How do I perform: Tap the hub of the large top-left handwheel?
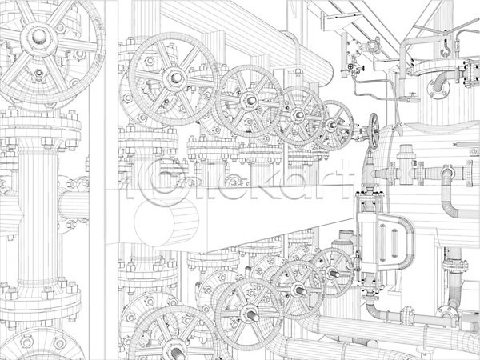coord(39,37)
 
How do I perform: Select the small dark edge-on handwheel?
coord(374,131)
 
